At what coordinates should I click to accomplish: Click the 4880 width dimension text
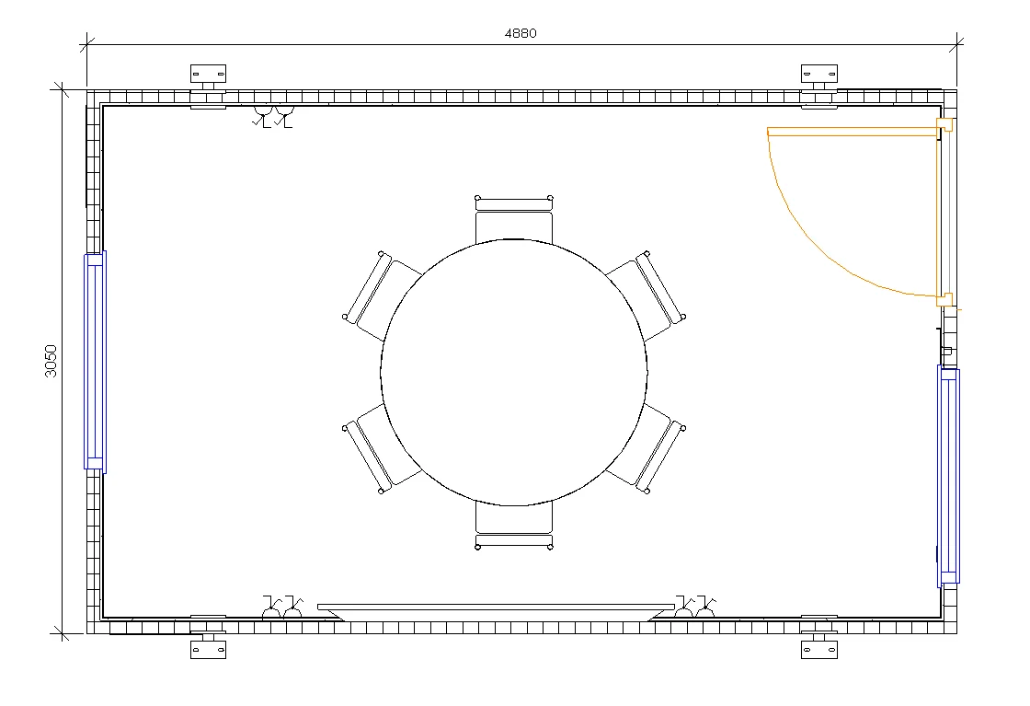(x=521, y=33)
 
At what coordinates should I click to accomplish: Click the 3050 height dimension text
(x=51, y=361)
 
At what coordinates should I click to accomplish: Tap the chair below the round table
(x=514, y=525)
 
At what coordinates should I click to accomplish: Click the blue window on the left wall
(x=96, y=362)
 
